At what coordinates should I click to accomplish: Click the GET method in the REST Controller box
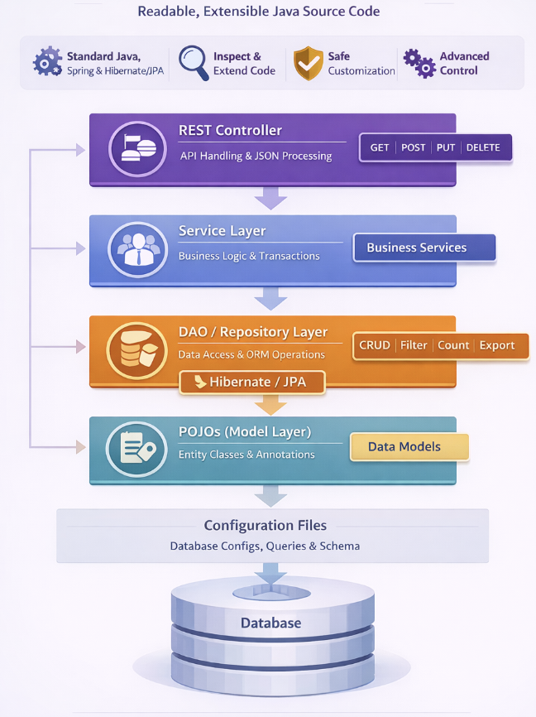coord(380,147)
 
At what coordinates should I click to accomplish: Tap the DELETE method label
coord(483,147)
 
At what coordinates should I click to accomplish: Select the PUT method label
coord(446,147)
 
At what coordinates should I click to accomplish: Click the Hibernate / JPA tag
coord(253,382)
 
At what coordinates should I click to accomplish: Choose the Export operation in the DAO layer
coord(497,345)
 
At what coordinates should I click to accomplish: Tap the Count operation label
coord(453,345)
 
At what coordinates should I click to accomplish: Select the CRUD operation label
coord(375,345)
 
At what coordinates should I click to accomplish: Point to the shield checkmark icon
coord(308,62)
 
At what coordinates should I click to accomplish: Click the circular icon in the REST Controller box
coord(136,149)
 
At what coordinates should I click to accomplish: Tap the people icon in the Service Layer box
coord(136,248)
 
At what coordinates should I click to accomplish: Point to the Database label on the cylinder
coord(270,623)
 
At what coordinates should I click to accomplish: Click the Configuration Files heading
coord(266,526)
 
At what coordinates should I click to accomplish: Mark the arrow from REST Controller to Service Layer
coord(270,199)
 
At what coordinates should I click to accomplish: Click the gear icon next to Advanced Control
coord(419,63)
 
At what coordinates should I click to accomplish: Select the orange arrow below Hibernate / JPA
coord(270,405)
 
